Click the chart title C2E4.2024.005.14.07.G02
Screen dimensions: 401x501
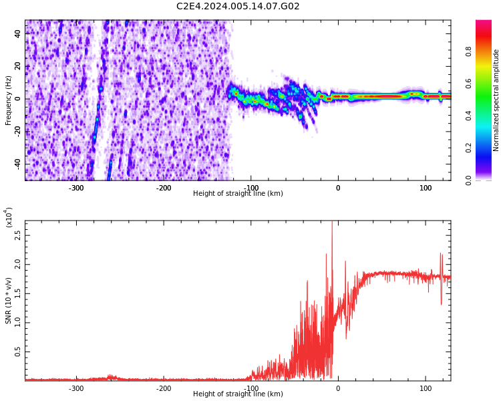(238, 7)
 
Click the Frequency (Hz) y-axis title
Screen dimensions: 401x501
(9, 100)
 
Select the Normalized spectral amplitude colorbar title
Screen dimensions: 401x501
(496, 100)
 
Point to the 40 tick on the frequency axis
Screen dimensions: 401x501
(18, 33)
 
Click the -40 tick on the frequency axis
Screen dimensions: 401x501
(17, 164)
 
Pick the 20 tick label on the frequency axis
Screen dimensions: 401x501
(18, 66)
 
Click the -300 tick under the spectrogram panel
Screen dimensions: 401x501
(76, 188)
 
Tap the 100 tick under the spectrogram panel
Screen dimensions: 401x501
(426, 188)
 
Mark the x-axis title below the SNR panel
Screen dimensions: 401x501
(238, 394)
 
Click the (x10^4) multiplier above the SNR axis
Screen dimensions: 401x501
(9, 217)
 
